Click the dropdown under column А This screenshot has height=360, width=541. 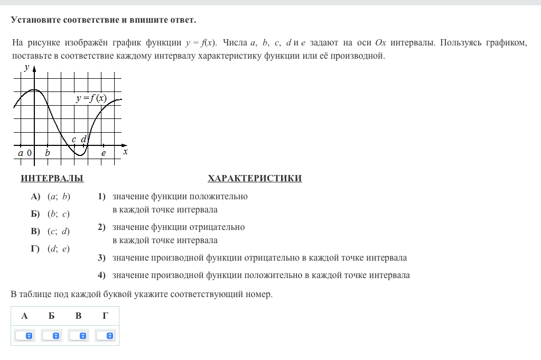click(24, 336)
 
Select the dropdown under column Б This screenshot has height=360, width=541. click(52, 336)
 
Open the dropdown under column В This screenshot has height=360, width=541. click(79, 336)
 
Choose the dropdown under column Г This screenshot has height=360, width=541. click(105, 336)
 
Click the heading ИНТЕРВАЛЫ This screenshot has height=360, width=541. click(52, 179)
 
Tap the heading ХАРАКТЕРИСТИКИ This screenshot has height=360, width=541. click(255, 179)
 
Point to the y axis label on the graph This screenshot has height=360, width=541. click(26, 67)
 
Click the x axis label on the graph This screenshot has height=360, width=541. click(125, 152)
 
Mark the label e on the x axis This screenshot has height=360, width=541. click(104, 153)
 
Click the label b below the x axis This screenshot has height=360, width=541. click(48, 153)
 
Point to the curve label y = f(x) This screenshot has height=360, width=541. click(91, 98)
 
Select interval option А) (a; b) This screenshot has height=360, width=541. click(51, 197)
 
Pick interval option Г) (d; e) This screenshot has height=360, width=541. click(51, 248)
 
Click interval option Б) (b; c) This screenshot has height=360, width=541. click(51, 214)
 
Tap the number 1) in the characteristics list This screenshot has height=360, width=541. click(101, 197)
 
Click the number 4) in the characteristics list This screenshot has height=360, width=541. click(101, 275)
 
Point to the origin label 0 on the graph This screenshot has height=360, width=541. click(29, 153)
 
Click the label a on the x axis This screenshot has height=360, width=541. click(21, 153)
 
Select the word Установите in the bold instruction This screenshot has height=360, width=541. click(35, 20)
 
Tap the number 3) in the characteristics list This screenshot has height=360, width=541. click(101, 258)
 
